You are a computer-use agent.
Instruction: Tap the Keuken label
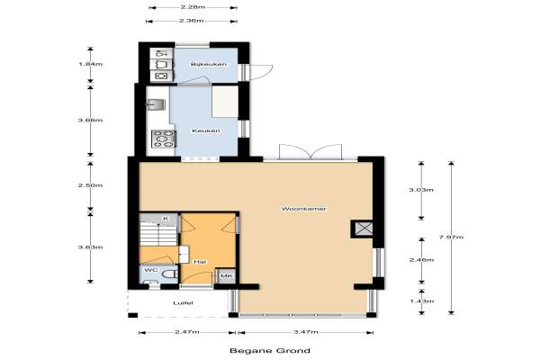click(206, 130)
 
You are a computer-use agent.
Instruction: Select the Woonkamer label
click(304, 209)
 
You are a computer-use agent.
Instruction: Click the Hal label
click(200, 262)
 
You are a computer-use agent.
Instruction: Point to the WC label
click(151, 270)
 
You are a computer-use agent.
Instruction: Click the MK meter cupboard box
click(226, 276)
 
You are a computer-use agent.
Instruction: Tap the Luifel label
click(183, 303)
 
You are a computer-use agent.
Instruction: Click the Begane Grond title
click(270, 351)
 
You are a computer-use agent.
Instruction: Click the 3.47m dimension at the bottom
click(305, 332)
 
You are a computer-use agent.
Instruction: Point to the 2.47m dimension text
click(187, 332)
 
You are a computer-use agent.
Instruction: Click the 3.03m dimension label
click(421, 190)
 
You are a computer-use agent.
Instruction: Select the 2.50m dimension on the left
click(91, 185)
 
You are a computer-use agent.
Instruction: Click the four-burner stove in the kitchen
click(164, 139)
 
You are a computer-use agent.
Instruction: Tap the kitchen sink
click(156, 104)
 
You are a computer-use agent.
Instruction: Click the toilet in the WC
click(169, 274)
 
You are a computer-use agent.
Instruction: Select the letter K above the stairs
click(166, 219)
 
